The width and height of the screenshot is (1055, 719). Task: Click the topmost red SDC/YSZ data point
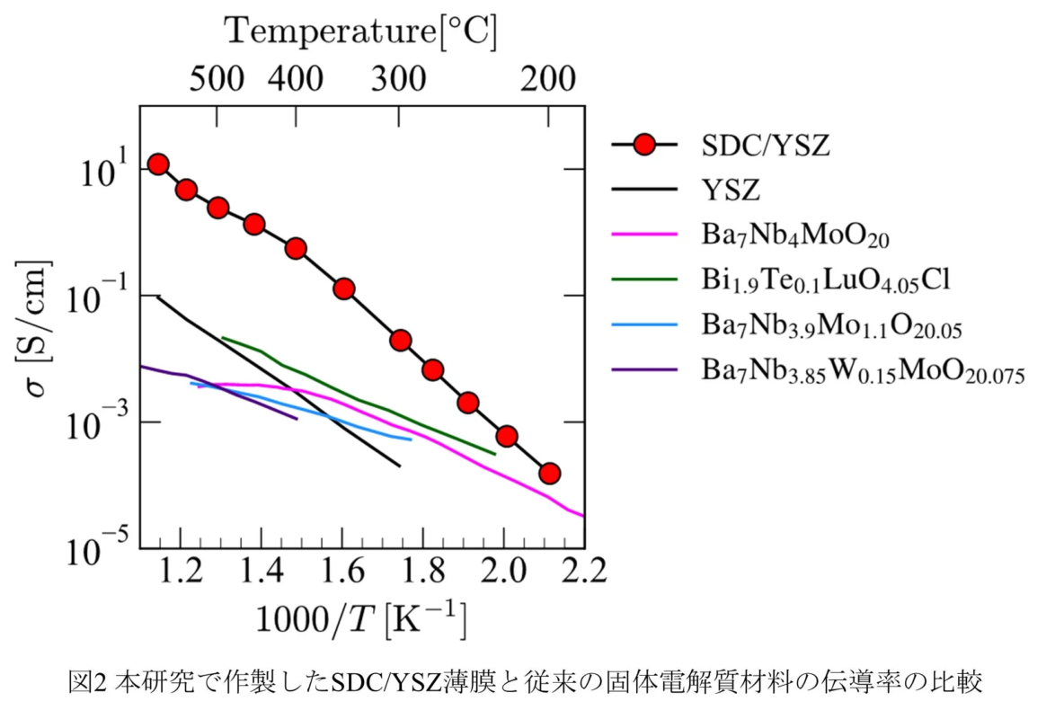(x=158, y=164)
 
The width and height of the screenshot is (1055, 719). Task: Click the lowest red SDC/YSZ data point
(x=550, y=473)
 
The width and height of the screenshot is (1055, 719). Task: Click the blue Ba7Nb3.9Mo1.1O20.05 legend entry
(x=832, y=325)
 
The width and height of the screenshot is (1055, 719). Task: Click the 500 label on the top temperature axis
(x=218, y=80)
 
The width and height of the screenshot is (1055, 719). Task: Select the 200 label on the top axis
(x=548, y=80)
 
